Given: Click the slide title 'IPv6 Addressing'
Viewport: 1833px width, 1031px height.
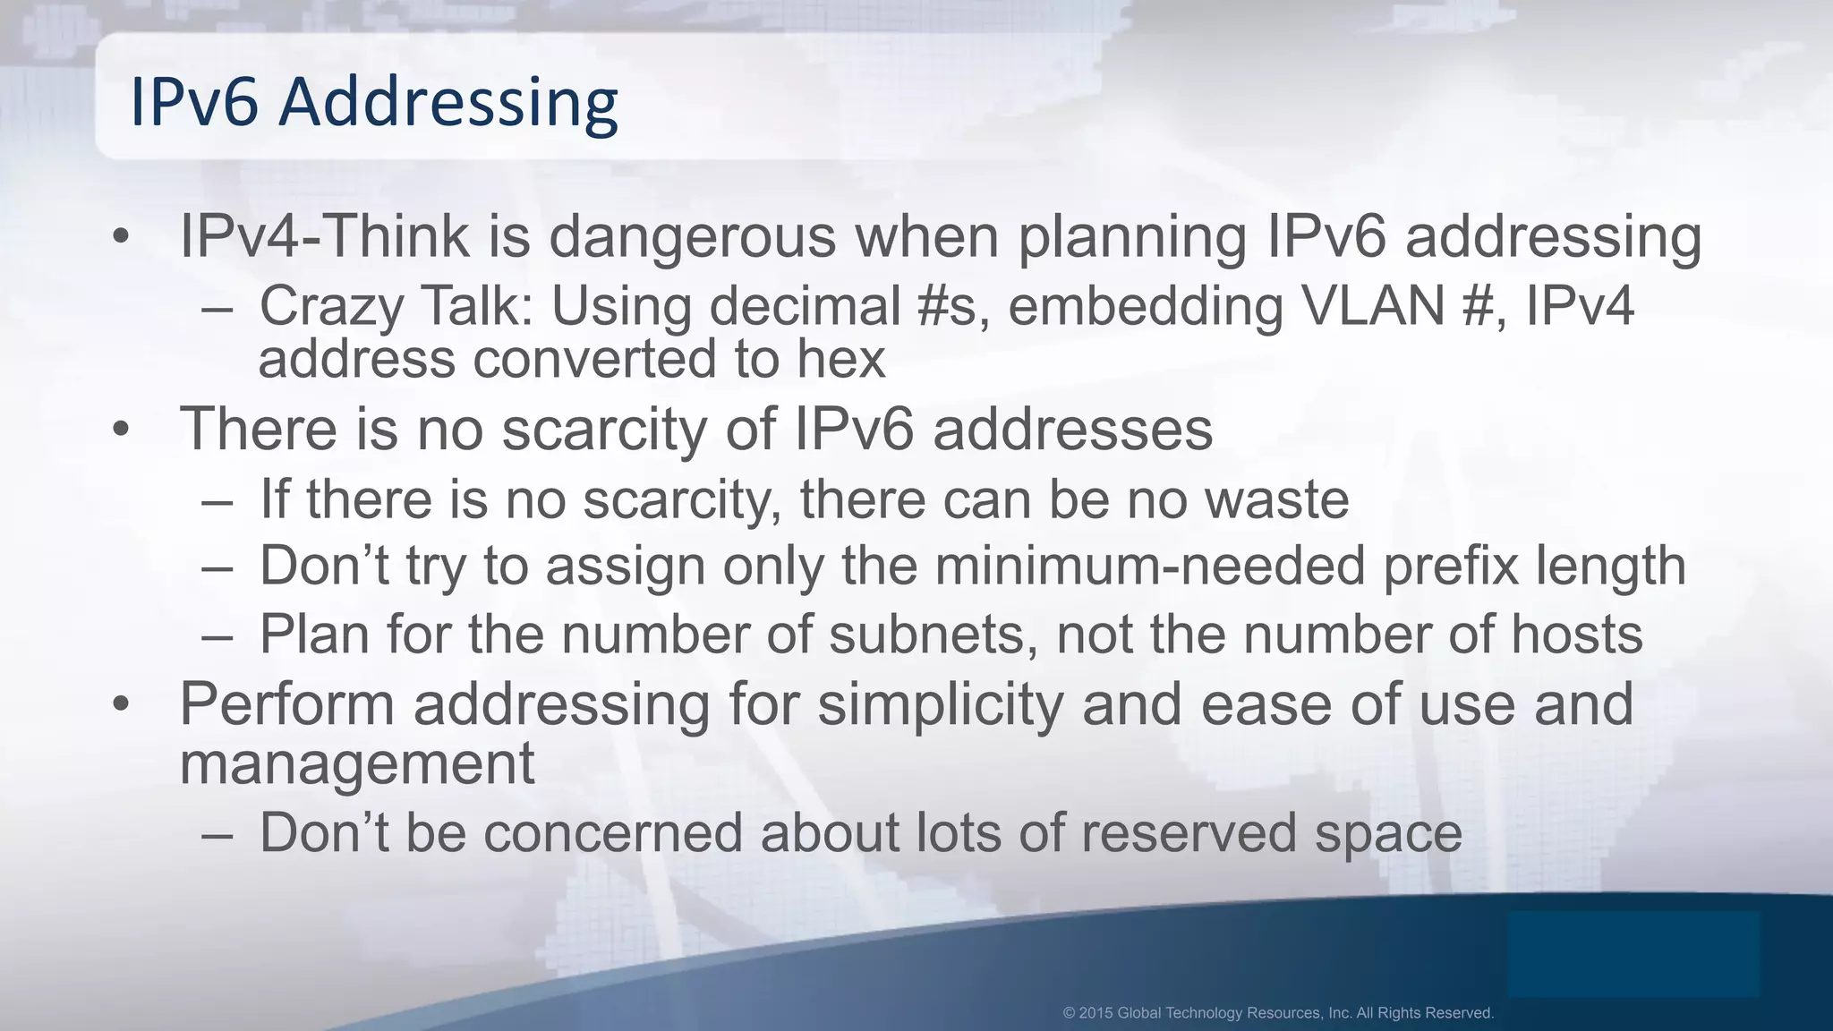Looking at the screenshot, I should (374, 102).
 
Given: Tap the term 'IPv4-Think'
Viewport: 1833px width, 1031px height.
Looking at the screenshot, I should (324, 237).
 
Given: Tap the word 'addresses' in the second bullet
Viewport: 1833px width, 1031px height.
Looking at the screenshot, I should (1072, 429).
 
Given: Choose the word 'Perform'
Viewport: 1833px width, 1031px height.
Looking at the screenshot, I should (287, 704).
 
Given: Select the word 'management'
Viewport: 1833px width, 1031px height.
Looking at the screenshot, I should (357, 763).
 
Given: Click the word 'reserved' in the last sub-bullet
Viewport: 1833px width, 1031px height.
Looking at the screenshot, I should (1189, 833).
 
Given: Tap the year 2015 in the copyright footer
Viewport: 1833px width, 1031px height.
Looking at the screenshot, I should (1096, 1013).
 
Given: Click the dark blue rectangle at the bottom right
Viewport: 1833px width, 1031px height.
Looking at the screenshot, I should (1633, 954).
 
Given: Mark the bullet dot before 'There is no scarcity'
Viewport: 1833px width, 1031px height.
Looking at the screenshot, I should (122, 430).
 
